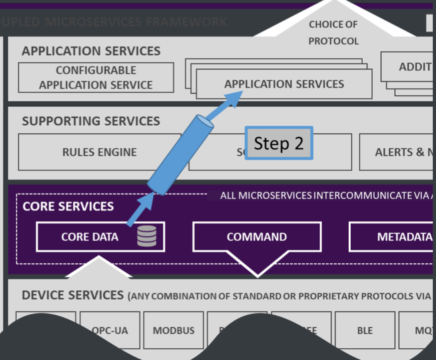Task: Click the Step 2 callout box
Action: [279, 143]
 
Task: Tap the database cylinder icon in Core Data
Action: [147, 236]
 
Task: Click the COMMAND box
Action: [257, 237]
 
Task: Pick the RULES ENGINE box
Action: [99, 152]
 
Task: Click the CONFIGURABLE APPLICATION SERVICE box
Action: [96, 78]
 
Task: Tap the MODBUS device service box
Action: [173, 330]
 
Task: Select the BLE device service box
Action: [365, 330]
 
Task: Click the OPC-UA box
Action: [110, 330]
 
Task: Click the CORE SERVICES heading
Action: [68, 206]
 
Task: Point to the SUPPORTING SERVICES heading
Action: [91, 121]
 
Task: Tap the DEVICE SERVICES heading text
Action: [72, 295]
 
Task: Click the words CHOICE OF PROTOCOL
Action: [333, 33]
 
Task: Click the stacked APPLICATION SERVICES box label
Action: [284, 84]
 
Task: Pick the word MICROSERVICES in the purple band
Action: [275, 196]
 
